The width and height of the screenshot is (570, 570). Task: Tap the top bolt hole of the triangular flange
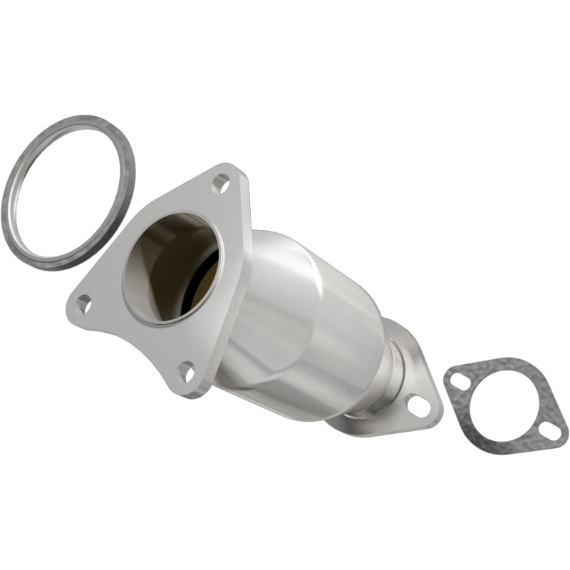pos(221,184)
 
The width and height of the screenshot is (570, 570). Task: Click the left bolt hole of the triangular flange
pos(84,304)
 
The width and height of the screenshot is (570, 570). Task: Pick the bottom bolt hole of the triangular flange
pos(186,370)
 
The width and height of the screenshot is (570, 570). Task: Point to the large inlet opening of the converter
pos(171,267)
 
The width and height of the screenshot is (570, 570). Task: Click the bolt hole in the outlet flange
pos(419,406)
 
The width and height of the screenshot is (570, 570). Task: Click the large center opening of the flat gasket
pos(507,403)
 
